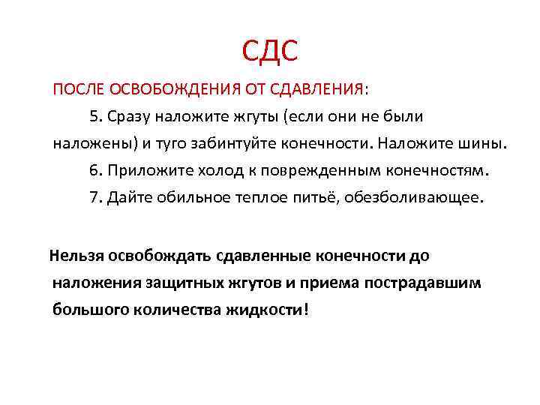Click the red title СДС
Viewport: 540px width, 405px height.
click(270, 50)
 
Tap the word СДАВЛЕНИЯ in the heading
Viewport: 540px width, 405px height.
click(313, 90)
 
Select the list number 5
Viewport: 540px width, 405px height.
click(93, 116)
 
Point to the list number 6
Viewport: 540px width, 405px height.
click(93, 169)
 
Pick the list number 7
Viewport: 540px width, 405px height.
click(93, 197)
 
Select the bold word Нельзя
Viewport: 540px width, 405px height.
click(77, 256)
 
